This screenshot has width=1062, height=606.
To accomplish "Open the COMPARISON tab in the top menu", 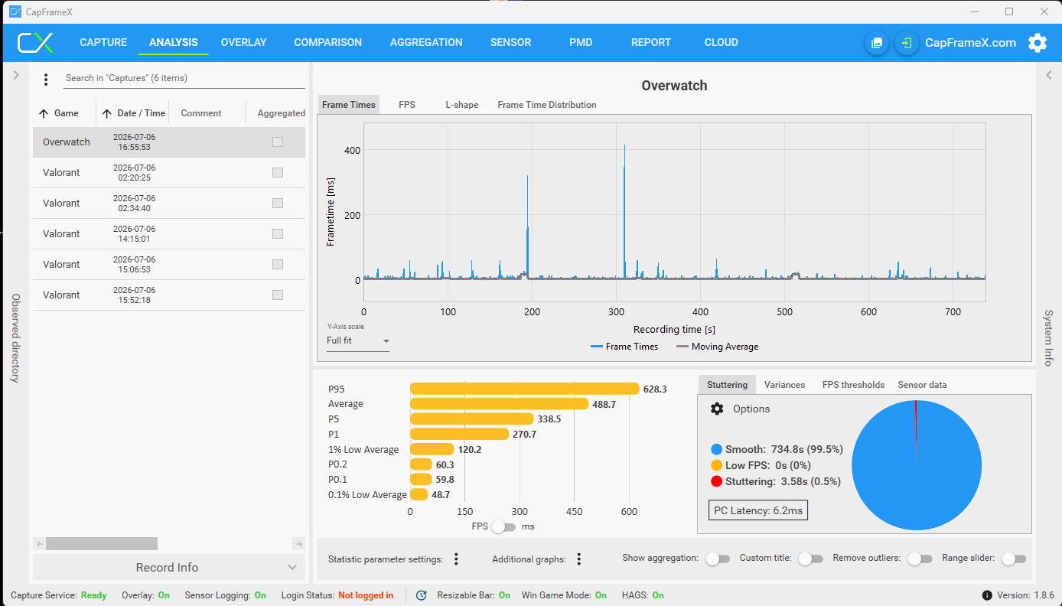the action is tap(327, 42).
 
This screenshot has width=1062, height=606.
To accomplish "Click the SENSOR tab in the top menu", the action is tap(510, 42).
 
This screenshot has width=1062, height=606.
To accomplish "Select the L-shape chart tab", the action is tap(462, 105).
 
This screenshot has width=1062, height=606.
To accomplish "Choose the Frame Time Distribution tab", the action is tap(546, 105).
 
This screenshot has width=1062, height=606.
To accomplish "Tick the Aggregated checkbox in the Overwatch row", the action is tap(278, 142).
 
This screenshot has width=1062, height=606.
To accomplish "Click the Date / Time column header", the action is tap(141, 113).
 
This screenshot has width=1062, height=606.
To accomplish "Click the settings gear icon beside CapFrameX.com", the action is tap(1038, 43).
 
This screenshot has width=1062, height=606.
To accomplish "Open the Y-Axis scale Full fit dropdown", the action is tap(358, 340).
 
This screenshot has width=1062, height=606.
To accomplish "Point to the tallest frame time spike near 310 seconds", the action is tap(624, 145).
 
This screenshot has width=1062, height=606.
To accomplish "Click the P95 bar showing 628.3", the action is tap(524, 389).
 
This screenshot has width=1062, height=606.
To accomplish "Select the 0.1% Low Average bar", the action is tap(419, 494).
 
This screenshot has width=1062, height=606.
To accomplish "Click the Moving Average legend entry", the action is tap(717, 347).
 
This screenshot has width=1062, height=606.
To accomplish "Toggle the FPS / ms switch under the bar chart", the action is tap(503, 527).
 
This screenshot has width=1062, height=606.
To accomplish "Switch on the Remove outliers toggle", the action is tap(920, 559).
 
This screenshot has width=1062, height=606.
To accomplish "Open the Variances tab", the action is tap(784, 385).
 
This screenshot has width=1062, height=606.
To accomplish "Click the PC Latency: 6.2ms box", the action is tap(758, 510).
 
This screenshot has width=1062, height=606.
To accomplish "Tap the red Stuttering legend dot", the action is tap(716, 481).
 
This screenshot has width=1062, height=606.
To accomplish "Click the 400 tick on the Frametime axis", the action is tap(352, 150).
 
